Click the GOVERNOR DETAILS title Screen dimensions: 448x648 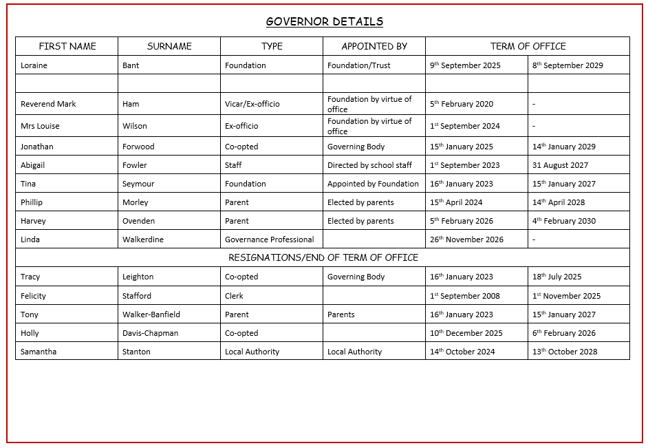(324, 21)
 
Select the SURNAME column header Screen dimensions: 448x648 (169, 46)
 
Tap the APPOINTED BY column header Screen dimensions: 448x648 (374, 46)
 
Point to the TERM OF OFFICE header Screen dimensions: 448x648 (528, 46)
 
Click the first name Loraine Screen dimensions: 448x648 (34, 65)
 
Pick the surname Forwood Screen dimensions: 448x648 (138, 147)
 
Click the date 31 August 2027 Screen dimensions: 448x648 (560, 165)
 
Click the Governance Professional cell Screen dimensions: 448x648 (269, 239)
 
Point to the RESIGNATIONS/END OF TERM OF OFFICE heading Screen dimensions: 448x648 (323, 257)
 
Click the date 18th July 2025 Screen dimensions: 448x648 (557, 277)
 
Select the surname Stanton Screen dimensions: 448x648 (136, 352)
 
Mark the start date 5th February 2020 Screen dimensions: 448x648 (462, 104)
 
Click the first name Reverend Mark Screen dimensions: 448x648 (48, 104)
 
